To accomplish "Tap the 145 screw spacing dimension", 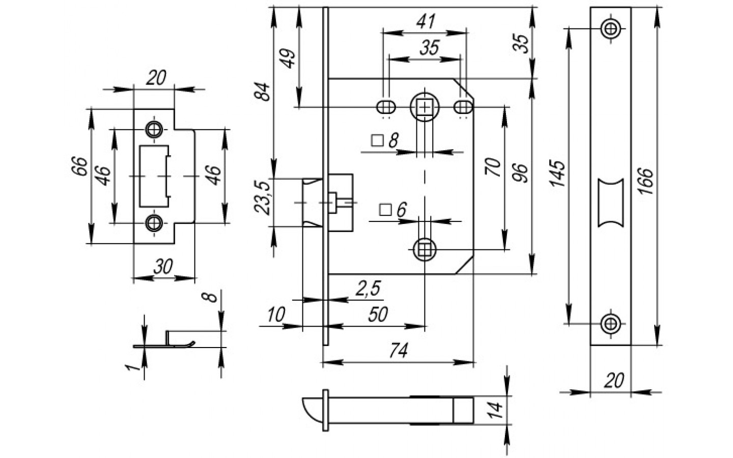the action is [557, 173].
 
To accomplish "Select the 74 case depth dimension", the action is [399, 351].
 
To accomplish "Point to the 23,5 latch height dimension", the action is [263, 198].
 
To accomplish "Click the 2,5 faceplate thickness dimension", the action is [368, 289].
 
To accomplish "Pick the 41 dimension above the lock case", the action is [426, 21].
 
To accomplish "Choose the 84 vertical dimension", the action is [263, 92].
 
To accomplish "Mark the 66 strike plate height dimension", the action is [79, 166].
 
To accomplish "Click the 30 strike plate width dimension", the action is [163, 266].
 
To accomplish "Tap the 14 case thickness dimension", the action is [495, 410].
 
